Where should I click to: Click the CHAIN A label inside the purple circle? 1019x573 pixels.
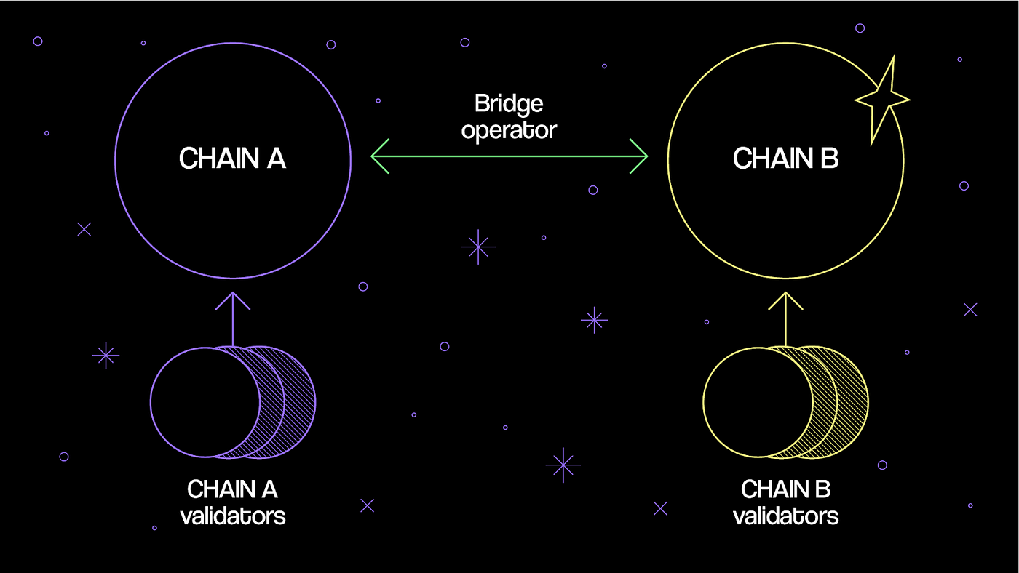coord(232,159)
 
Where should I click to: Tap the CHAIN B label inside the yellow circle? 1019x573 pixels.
coord(785,159)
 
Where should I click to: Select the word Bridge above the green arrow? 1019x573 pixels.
coord(509,104)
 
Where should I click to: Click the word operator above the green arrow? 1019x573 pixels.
coord(509,131)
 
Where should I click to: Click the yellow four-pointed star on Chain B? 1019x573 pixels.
coord(881,98)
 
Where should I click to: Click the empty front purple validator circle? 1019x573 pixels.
coord(197,402)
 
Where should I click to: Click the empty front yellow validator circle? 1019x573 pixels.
coord(750,402)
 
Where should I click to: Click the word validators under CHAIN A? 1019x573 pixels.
coord(232,516)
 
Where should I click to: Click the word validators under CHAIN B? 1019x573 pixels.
coord(785,516)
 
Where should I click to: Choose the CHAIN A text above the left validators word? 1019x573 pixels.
coord(232,489)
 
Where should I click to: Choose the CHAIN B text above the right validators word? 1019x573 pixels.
coord(785,489)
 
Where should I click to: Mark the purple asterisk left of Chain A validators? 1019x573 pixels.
coord(106,355)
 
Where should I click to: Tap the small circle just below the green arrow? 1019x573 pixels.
coord(592,190)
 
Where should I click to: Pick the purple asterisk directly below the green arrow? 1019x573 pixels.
coord(478,247)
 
